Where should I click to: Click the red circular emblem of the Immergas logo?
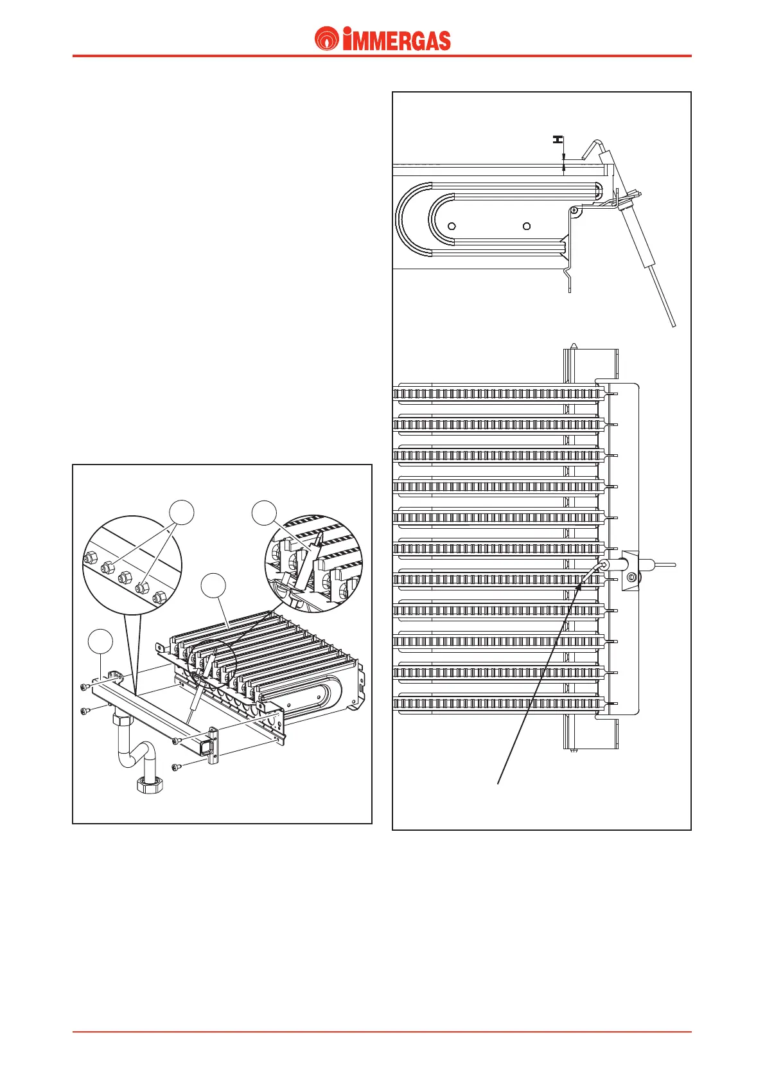tap(327, 39)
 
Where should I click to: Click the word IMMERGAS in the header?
tap(396, 40)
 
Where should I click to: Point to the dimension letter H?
tap(558, 139)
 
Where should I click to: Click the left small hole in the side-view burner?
tap(452, 226)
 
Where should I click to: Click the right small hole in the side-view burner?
tap(527, 226)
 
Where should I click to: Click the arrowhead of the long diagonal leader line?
tap(579, 586)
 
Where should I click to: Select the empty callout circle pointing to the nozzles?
tap(182, 513)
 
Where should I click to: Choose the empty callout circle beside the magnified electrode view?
tap(264, 514)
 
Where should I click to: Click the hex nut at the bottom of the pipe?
tap(150, 785)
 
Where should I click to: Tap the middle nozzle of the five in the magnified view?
tap(125, 576)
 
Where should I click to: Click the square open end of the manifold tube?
tap(206, 747)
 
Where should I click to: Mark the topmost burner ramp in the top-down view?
tap(498, 393)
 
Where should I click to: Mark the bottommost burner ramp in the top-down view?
tap(498, 704)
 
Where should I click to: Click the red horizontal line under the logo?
tap(382, 56)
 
